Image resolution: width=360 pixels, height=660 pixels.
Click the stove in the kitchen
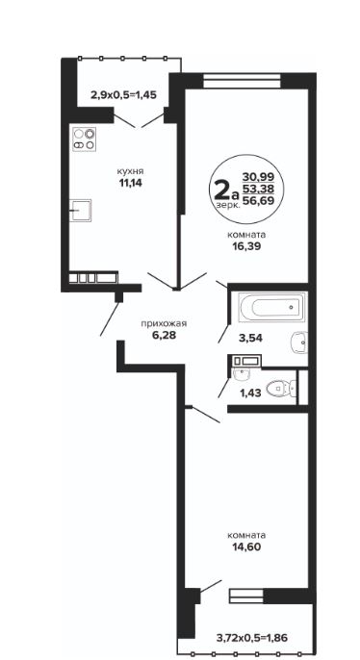84,140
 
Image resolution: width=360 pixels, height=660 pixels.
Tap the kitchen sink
81,210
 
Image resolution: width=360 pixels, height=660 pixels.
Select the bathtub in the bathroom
270,307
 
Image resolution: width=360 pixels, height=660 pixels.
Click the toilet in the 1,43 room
281,387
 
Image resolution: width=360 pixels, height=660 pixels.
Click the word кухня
130,171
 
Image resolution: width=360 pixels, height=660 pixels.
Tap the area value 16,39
246,246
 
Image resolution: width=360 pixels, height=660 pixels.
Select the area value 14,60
246,547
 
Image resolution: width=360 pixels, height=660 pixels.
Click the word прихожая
164,323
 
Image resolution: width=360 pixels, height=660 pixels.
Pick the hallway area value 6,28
164,335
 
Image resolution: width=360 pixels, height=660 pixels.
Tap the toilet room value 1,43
250,393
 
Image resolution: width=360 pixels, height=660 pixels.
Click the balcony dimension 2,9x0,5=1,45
123,94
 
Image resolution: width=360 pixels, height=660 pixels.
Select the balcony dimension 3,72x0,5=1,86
252,638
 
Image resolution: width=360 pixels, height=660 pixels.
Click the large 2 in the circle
222,190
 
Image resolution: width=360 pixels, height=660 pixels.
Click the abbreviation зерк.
228,205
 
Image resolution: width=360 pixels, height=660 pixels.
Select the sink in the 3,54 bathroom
299,342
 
